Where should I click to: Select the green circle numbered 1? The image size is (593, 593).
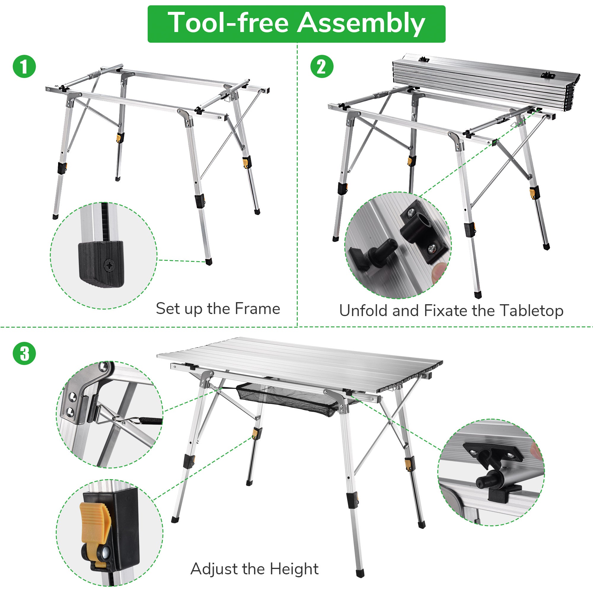click(x=24, y=66)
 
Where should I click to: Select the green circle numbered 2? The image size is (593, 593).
click(x=322, y=66)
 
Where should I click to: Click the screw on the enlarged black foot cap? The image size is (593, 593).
click(x=110, y=265)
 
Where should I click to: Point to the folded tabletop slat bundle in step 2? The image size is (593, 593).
click(x=485, y=81)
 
